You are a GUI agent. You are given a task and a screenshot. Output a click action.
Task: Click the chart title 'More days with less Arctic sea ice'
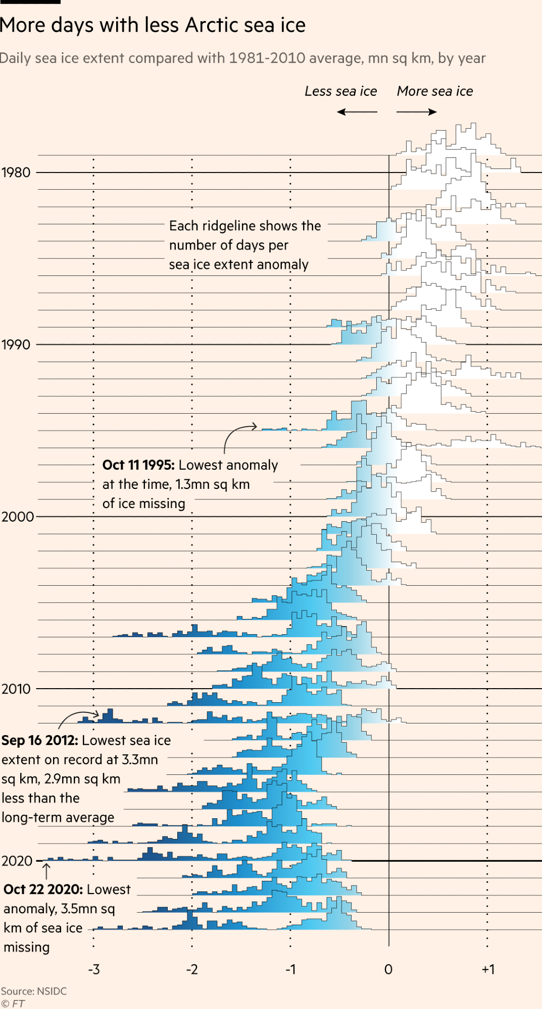point(153,25)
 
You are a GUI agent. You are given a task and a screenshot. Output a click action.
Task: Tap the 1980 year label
point(16,173)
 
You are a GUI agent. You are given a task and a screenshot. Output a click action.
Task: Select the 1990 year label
point(16,345)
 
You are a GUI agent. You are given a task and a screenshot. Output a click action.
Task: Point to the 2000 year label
point(17,517)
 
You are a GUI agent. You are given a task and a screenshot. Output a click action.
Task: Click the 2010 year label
point(16,689)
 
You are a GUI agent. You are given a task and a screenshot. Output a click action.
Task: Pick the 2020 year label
point(17,861)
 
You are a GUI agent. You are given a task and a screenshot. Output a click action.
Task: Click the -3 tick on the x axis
point(94,969)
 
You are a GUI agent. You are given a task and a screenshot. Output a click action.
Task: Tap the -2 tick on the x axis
point(192,969)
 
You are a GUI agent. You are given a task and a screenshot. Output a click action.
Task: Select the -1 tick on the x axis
point(290,969)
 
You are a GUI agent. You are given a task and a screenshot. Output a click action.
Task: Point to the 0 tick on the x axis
point(388,969)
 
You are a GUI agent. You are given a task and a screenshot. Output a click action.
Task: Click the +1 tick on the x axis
point(488,969)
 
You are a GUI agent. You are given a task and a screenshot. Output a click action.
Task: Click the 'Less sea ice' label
point(341,91)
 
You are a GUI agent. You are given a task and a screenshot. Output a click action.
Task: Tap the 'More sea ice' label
point(435,91)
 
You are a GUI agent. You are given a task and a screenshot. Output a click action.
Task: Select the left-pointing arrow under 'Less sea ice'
point(357,112)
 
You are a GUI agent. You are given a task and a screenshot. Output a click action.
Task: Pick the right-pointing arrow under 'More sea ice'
point(417,112)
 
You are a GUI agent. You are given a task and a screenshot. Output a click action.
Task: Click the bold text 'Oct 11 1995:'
point(138,465)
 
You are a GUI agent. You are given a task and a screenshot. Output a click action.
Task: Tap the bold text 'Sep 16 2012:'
point(39,741)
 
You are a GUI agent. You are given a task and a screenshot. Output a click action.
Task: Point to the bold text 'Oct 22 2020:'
point(43,889)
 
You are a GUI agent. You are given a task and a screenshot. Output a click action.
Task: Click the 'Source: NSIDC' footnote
point(34,991)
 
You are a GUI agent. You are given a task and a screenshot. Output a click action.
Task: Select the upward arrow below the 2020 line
point(46,871)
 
